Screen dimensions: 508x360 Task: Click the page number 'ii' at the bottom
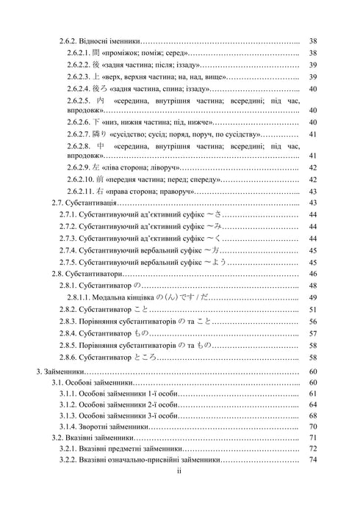tap(180, 474)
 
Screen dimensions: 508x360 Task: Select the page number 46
tap(313, 272)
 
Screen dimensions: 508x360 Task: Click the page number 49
tap(313, 297)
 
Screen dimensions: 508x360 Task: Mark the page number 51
tap(313, 309)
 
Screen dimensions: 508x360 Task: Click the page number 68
tap(313, 414)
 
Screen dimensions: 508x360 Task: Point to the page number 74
tap(313, 460)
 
